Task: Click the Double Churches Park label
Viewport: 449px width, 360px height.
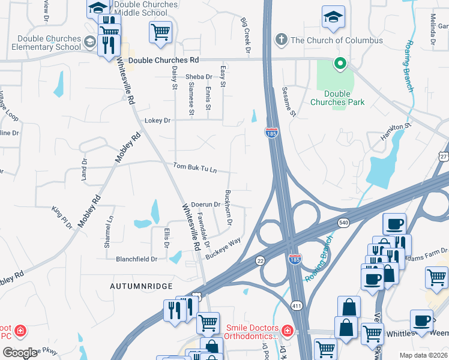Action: click(x=337, y=98)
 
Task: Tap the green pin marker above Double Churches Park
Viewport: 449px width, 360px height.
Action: click(x=339, y=62)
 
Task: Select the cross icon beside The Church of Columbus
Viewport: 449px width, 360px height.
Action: click(x=280, y=40)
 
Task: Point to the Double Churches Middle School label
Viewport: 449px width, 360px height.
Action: click(x=148, y=8)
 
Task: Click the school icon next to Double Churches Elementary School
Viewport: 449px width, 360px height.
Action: click(x=89, y=41)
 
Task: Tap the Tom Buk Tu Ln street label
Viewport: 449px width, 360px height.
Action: click(x=194, y=167)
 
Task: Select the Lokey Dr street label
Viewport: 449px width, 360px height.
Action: click(x=158, y=121)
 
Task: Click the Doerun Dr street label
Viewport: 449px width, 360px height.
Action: click(x=206, y=205)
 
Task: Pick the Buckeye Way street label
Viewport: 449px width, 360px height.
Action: click(x=223, y=248)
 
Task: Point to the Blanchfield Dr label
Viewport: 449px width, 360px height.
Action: click(x=136, y=259)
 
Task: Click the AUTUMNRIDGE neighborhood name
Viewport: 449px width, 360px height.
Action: click(x=141, y=287)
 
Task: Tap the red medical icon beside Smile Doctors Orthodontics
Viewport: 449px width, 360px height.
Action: click(x=287, y=331)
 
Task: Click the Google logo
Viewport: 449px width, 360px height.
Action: click(x=20, y=353)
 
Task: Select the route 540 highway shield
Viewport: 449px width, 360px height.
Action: click(x=343, y=223)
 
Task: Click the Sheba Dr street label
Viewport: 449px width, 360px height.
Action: click(x=198, y=77)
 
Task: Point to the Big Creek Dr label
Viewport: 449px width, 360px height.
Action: click(x=245, y=37)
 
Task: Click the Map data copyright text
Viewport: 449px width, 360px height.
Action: click(x=423, y=355)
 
